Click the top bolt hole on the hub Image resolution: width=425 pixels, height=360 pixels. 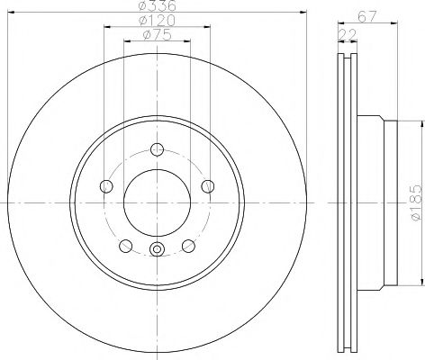157,149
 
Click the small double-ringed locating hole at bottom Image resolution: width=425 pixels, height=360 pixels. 157,251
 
